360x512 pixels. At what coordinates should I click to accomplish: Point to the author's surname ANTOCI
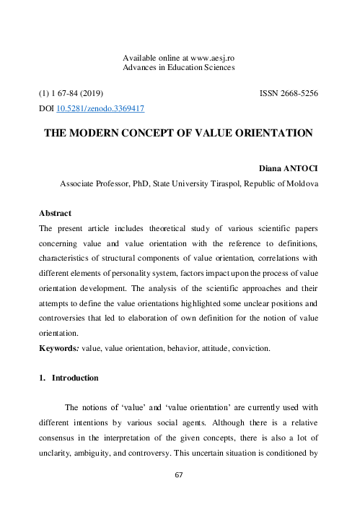(x=300, y=168)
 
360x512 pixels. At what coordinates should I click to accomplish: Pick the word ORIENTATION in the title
(x=270, y=133)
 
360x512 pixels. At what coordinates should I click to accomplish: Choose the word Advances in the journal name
(x=144, y=67)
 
